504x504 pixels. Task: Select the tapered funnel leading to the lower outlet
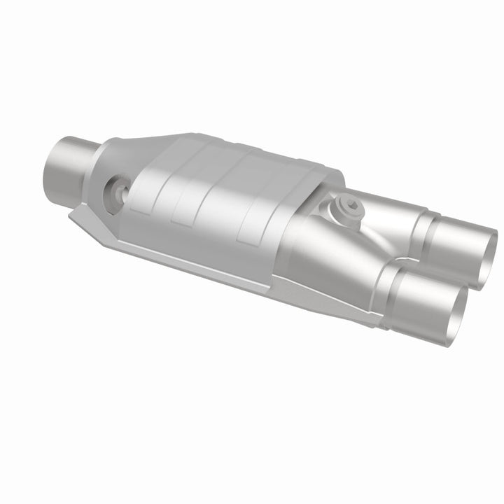tap(329, 259)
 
